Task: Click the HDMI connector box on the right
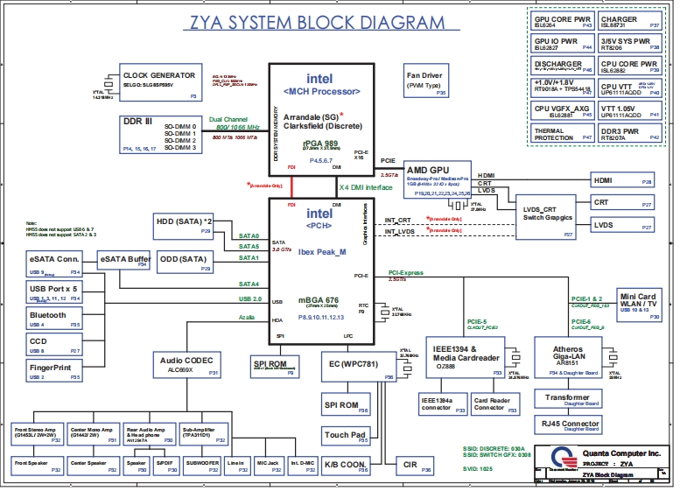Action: [x=620, y=180]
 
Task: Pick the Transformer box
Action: [x=567, y=399]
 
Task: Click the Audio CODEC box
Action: [x=187, y=366]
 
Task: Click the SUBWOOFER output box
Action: [x=202, y=465]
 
